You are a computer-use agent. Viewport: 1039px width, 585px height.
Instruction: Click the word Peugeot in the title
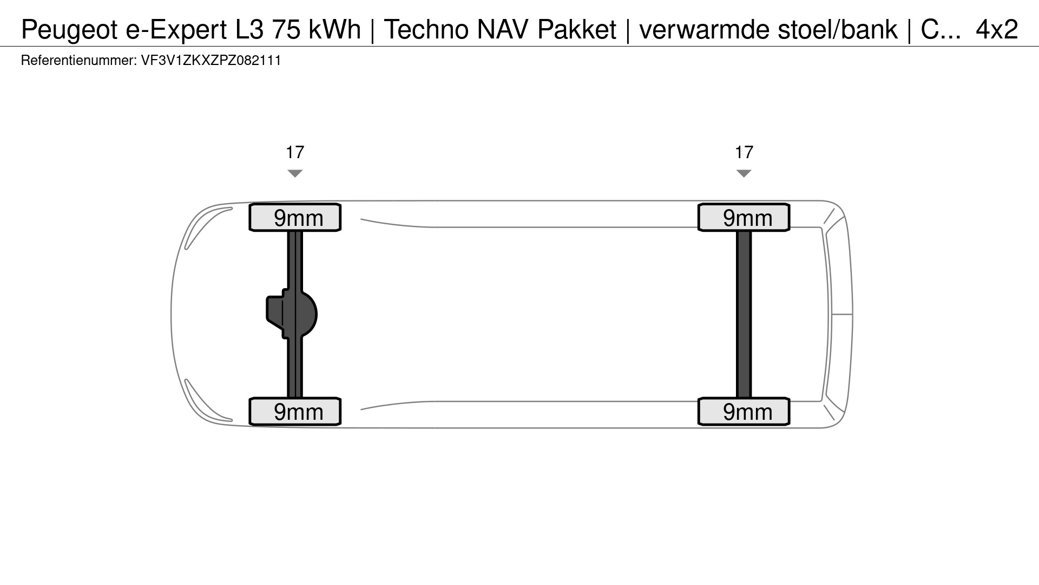[70, 30]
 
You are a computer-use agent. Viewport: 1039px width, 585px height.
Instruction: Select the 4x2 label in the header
[997, 30]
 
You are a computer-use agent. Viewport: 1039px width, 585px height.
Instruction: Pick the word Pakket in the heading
[577, 30]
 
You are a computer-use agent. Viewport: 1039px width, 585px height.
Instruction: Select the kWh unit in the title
[334, 30]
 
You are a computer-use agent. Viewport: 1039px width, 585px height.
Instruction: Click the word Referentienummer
[78, 60]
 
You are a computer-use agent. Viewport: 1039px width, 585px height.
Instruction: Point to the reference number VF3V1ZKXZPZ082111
[211, 60]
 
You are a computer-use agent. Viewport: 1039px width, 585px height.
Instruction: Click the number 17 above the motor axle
[295, 152]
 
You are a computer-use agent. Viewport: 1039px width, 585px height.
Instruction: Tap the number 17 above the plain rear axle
[744, 152]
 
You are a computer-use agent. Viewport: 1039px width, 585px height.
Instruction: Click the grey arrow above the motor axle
[295, 173]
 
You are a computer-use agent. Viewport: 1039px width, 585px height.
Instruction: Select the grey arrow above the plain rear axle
[744, 173]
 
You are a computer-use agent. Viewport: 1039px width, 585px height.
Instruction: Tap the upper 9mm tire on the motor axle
[295, 218]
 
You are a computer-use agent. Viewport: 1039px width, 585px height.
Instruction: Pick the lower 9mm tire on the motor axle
[295, 412]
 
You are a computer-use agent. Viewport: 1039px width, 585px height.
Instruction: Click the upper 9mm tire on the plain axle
[744, 218]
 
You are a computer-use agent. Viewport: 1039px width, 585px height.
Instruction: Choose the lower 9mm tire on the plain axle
[744, 412]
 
